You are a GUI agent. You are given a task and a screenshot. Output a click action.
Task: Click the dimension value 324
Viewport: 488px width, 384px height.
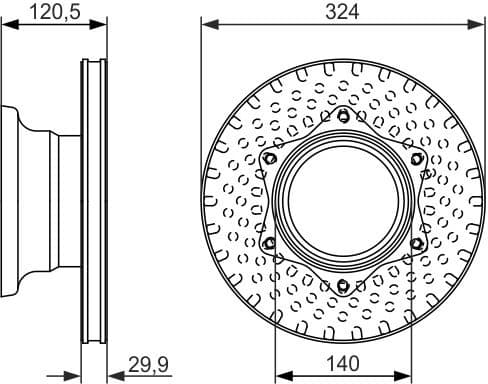342,11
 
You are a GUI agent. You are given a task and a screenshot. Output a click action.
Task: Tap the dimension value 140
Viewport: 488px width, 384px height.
342,366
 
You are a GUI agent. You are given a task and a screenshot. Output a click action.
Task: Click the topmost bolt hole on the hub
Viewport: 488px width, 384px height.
343,117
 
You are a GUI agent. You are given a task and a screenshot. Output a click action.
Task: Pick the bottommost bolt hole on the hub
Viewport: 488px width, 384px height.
343,286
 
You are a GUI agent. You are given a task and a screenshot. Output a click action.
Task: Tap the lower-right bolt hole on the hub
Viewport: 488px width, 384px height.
416,244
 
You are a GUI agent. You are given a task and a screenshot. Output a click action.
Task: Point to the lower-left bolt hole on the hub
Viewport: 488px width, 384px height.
270,244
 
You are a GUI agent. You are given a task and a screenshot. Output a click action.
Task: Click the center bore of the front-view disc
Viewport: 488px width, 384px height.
343,201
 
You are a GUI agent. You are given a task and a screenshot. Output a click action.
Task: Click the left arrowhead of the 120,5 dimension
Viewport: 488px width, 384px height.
6,24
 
